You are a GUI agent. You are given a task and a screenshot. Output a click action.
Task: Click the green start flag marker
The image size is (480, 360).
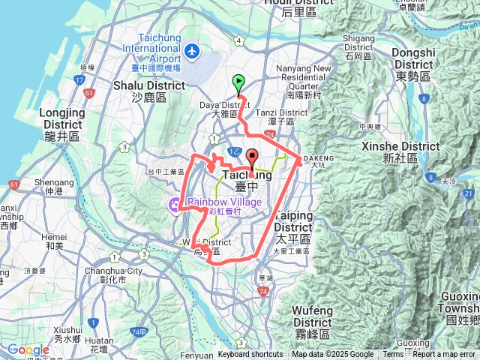(x=238, y=82)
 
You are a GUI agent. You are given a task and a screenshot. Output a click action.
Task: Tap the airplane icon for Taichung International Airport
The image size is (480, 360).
(x=193, y=51)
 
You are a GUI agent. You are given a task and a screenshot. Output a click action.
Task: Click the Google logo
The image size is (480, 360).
(x=28, y=349)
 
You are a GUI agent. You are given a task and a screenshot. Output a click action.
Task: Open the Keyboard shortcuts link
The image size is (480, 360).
(x=250, y=355)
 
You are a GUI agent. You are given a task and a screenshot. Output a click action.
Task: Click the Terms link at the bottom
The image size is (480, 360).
(x=393, y=355)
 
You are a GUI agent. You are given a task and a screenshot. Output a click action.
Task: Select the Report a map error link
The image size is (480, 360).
(x=445, y=355)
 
